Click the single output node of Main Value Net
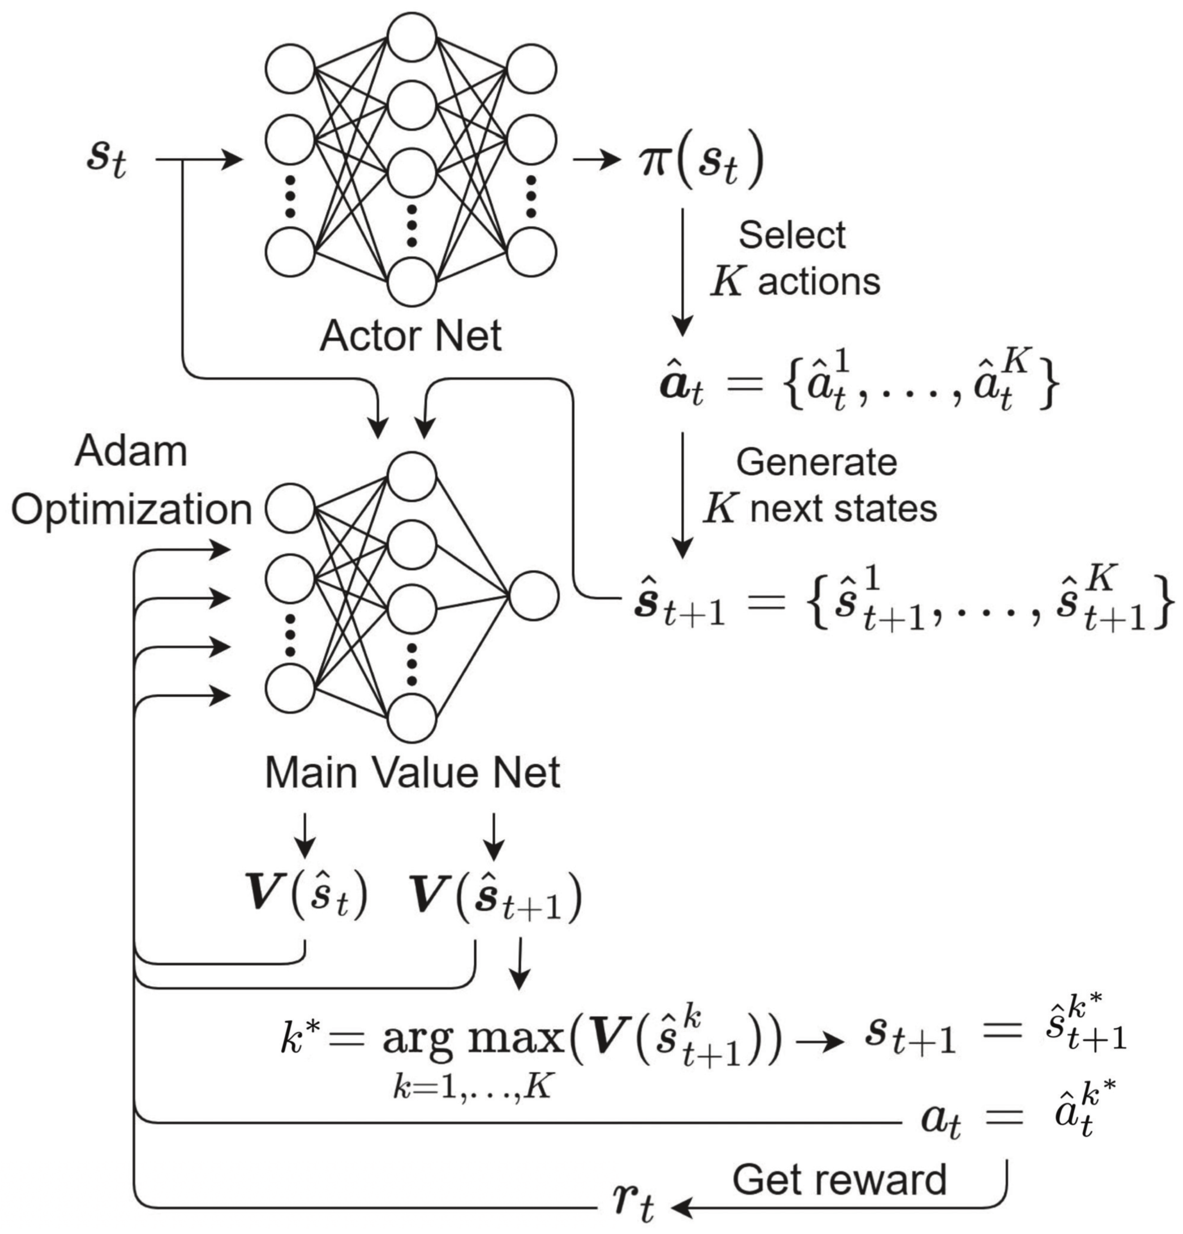tap(534, 595)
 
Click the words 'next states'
tap(843, 509)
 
